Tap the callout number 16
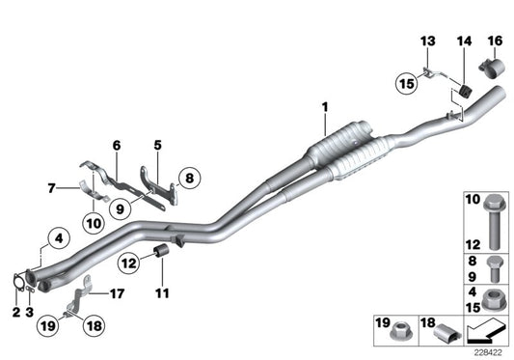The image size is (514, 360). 495,41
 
